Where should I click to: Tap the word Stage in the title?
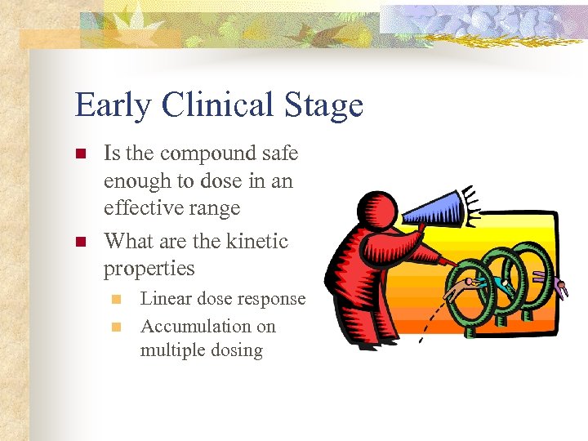point(323,106)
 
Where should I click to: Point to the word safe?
point(280,153)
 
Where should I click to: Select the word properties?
point(149,269)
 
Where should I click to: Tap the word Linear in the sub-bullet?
point(165,299)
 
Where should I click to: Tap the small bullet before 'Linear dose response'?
point(118,300)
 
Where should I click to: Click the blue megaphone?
point(434,208)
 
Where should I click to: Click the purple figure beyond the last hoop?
point(560,287)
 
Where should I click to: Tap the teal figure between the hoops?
point(503,283)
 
